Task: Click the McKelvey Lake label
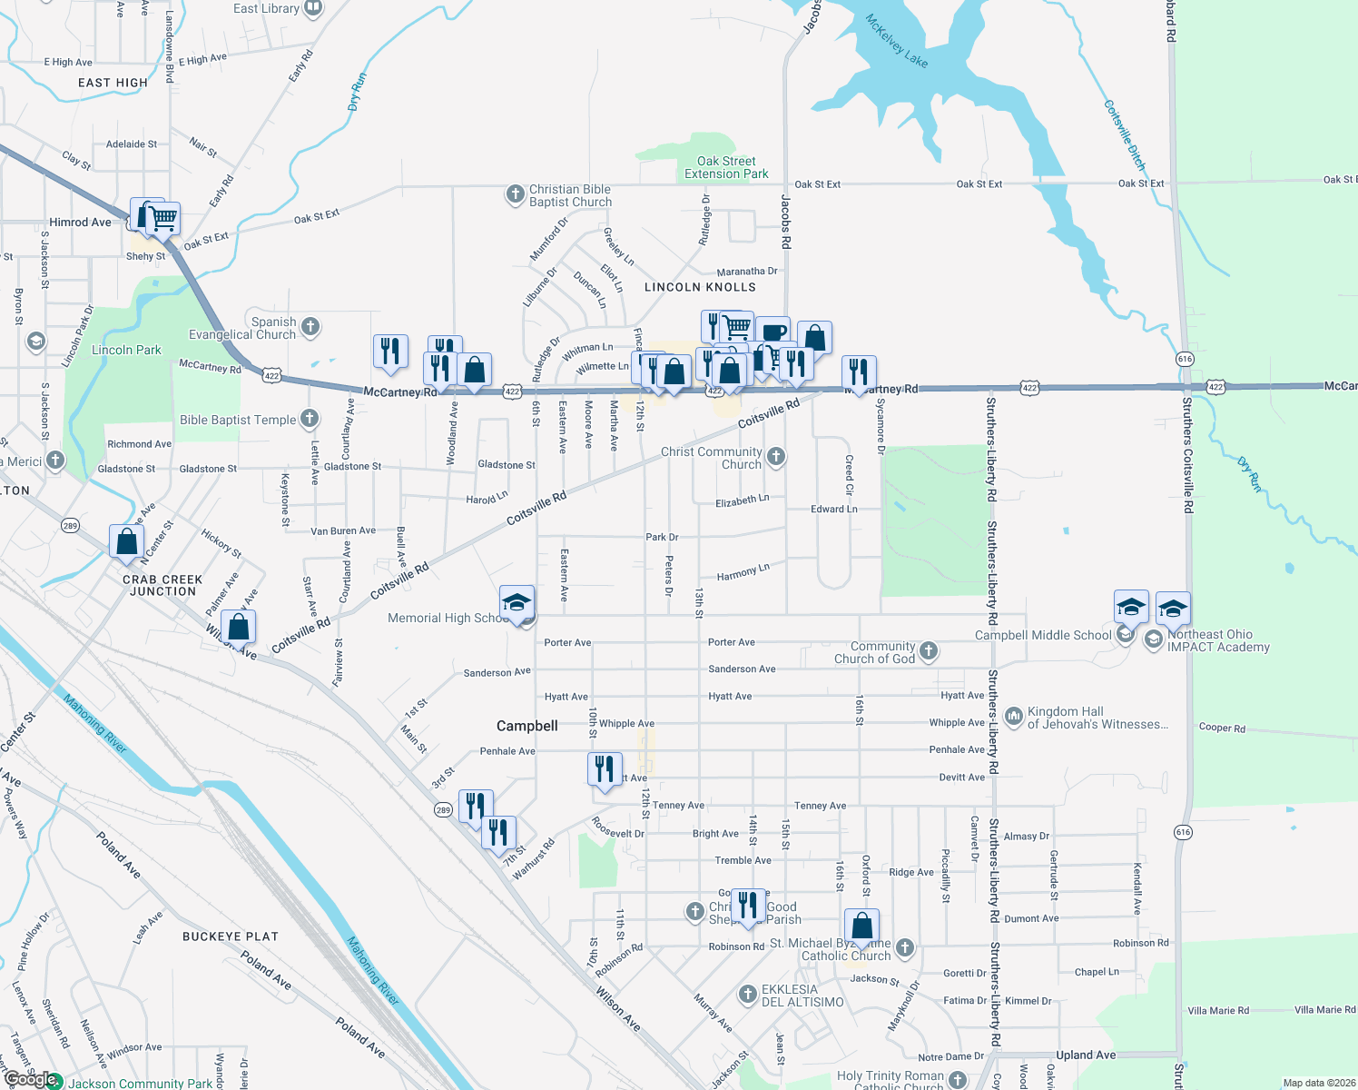[x=896, y=41]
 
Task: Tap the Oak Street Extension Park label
[x=726, y=167]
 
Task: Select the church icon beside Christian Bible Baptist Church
[x=515, y=193]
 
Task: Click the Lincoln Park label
[x=126, y=350]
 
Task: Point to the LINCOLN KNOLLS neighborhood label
[x=700, y=287]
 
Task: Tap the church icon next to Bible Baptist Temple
[x=310, y=419]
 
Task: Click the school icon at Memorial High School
[x=517, y=603]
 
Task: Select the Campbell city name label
[x=527, y=726]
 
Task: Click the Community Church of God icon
[x=928, y=650]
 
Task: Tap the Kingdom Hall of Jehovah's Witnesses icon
[x=1013, y=716]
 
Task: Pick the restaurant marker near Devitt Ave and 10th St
[x=605, y=768]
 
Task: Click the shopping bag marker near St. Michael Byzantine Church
[x=862, y=926]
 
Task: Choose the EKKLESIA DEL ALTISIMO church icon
[x=747, y=995]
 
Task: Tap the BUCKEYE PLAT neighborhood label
[x=231, y=936]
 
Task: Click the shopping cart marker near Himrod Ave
[x=163, y=218]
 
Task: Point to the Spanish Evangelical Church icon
[x=310, y=326]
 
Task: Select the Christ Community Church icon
[x=776, y=456]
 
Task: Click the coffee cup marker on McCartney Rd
[x=772, y=332]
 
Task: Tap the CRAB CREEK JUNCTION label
[x=162, y=585]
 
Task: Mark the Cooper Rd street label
[x=1222, y=728]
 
